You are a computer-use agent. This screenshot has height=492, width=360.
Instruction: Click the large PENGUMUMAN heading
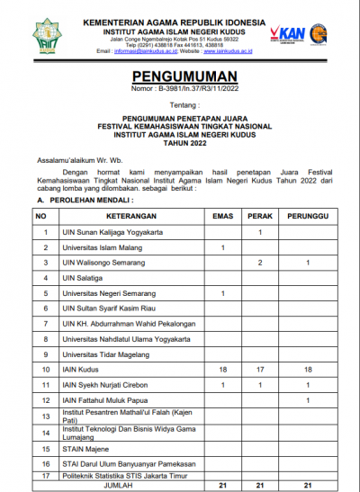[180, 77]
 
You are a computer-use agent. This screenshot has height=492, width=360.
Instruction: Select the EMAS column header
[222, 217]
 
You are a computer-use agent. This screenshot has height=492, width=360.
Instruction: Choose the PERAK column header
[259, 217]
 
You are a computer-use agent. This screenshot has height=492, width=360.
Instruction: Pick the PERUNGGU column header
[307, 217]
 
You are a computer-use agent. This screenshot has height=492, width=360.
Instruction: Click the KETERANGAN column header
[129, 217]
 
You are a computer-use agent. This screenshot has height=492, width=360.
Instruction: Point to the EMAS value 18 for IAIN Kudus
[222, 370]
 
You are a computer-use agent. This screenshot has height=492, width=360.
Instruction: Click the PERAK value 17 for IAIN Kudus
[259, 370]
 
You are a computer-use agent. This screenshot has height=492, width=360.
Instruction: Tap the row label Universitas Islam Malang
[99, 247]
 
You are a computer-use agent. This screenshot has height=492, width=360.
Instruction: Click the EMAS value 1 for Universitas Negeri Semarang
[222, 293]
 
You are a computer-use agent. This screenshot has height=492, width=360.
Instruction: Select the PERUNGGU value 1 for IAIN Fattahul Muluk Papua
[307, 400]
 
